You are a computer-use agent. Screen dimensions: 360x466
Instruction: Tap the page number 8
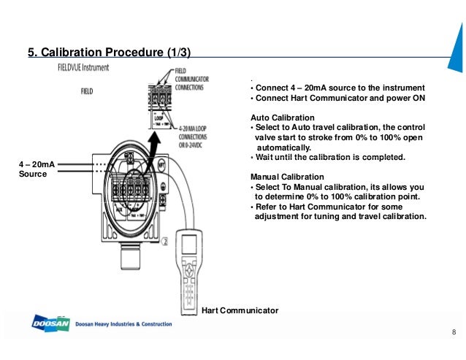tap(454, 334)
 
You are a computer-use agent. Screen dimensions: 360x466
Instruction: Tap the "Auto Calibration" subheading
tap(282, 118)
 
